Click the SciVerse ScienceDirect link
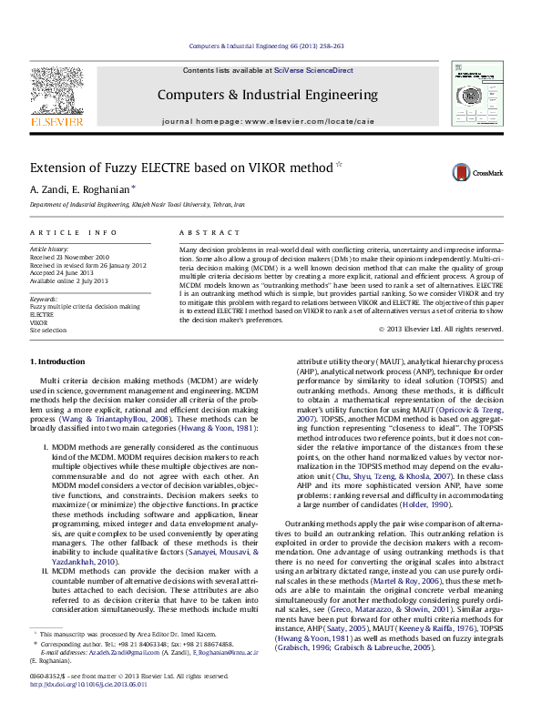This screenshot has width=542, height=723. pyautogui.click(x=316, y=70)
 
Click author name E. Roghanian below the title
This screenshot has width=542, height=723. pyautogui.click(x=102, y=189)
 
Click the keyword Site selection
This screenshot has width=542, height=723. pyautogui.click(x=48, y=331)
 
